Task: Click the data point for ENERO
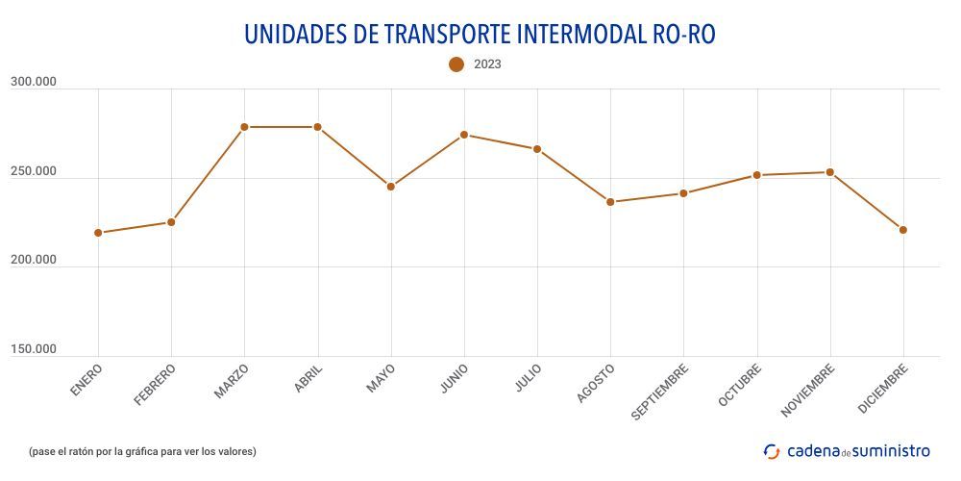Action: [98, 233]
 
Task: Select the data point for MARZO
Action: [244, 127]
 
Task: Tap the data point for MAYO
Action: [390, 187]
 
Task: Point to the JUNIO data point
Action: [464, 135]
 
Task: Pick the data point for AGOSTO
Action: [610, 202]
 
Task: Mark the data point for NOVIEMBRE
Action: [829, 172]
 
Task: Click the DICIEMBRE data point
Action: [903, 230]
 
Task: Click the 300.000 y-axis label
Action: [34, 83]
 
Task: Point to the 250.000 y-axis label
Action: [34, 171]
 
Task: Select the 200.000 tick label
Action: [34, 260]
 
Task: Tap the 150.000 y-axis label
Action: [34, 349]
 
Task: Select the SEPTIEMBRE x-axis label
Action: [660, 392]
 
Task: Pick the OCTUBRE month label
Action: [740, 385]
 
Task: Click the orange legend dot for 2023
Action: [456, 64]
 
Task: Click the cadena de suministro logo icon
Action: [772, 451]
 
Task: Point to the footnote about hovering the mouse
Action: [142, 451]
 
